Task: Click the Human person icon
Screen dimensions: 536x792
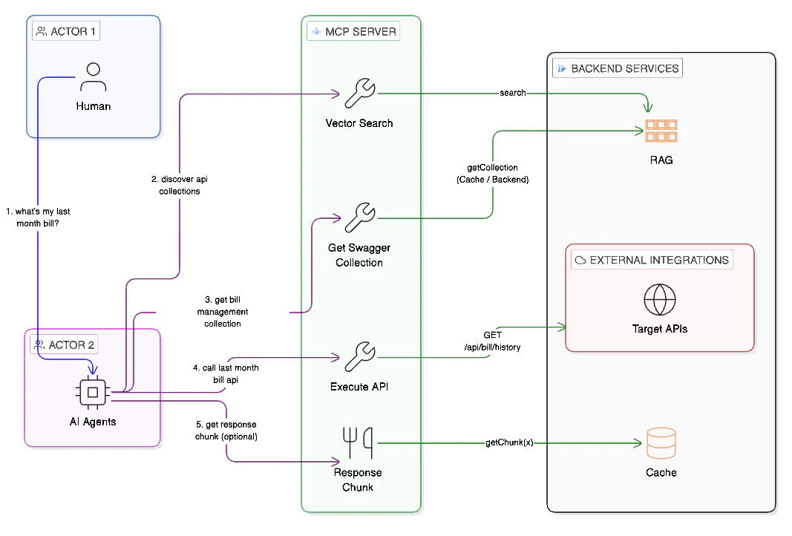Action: tap(93, 76)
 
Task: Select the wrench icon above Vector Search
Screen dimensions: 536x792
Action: tap(360, 93)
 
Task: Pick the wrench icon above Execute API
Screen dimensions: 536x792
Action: tap(360, 357)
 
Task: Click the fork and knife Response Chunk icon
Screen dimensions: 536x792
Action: tap(359, 443)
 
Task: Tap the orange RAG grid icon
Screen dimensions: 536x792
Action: tap(661, 130)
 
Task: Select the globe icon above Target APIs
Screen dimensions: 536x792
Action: tap(660, 300)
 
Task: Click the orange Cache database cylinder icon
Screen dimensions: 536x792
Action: tap(661, 443)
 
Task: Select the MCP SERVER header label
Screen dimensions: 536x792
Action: tap(353, 31)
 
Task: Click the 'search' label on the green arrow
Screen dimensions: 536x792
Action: tap(513, 93)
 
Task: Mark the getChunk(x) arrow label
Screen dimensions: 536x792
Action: tap(509, 443)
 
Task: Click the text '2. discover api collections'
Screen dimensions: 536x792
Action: tap(180, 185)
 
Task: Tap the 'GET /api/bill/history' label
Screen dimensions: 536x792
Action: tap(491, 341)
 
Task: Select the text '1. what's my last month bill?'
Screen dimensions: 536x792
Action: tap(43, 218)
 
